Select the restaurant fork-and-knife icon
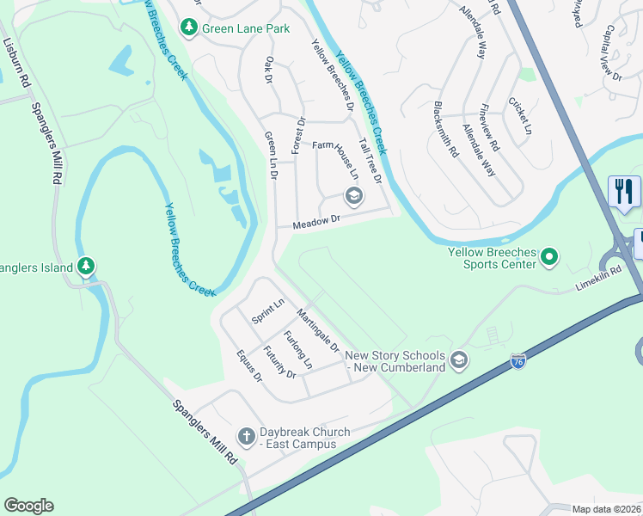pyautogui.click(x=624, y=191)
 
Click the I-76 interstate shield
pyautogui.click(x=518, y=362)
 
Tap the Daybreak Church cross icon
pyautogui.click(x=246, y=437)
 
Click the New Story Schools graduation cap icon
pyautogui.click(x=459, y=359)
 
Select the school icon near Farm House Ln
pyautogui.click(x=352, y=196)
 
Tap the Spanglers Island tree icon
pyautogui.click(x=85, y=267)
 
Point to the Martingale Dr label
pyautogui.click(x=317, y=331)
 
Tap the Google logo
pyautogui.click(x=28, y=506)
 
